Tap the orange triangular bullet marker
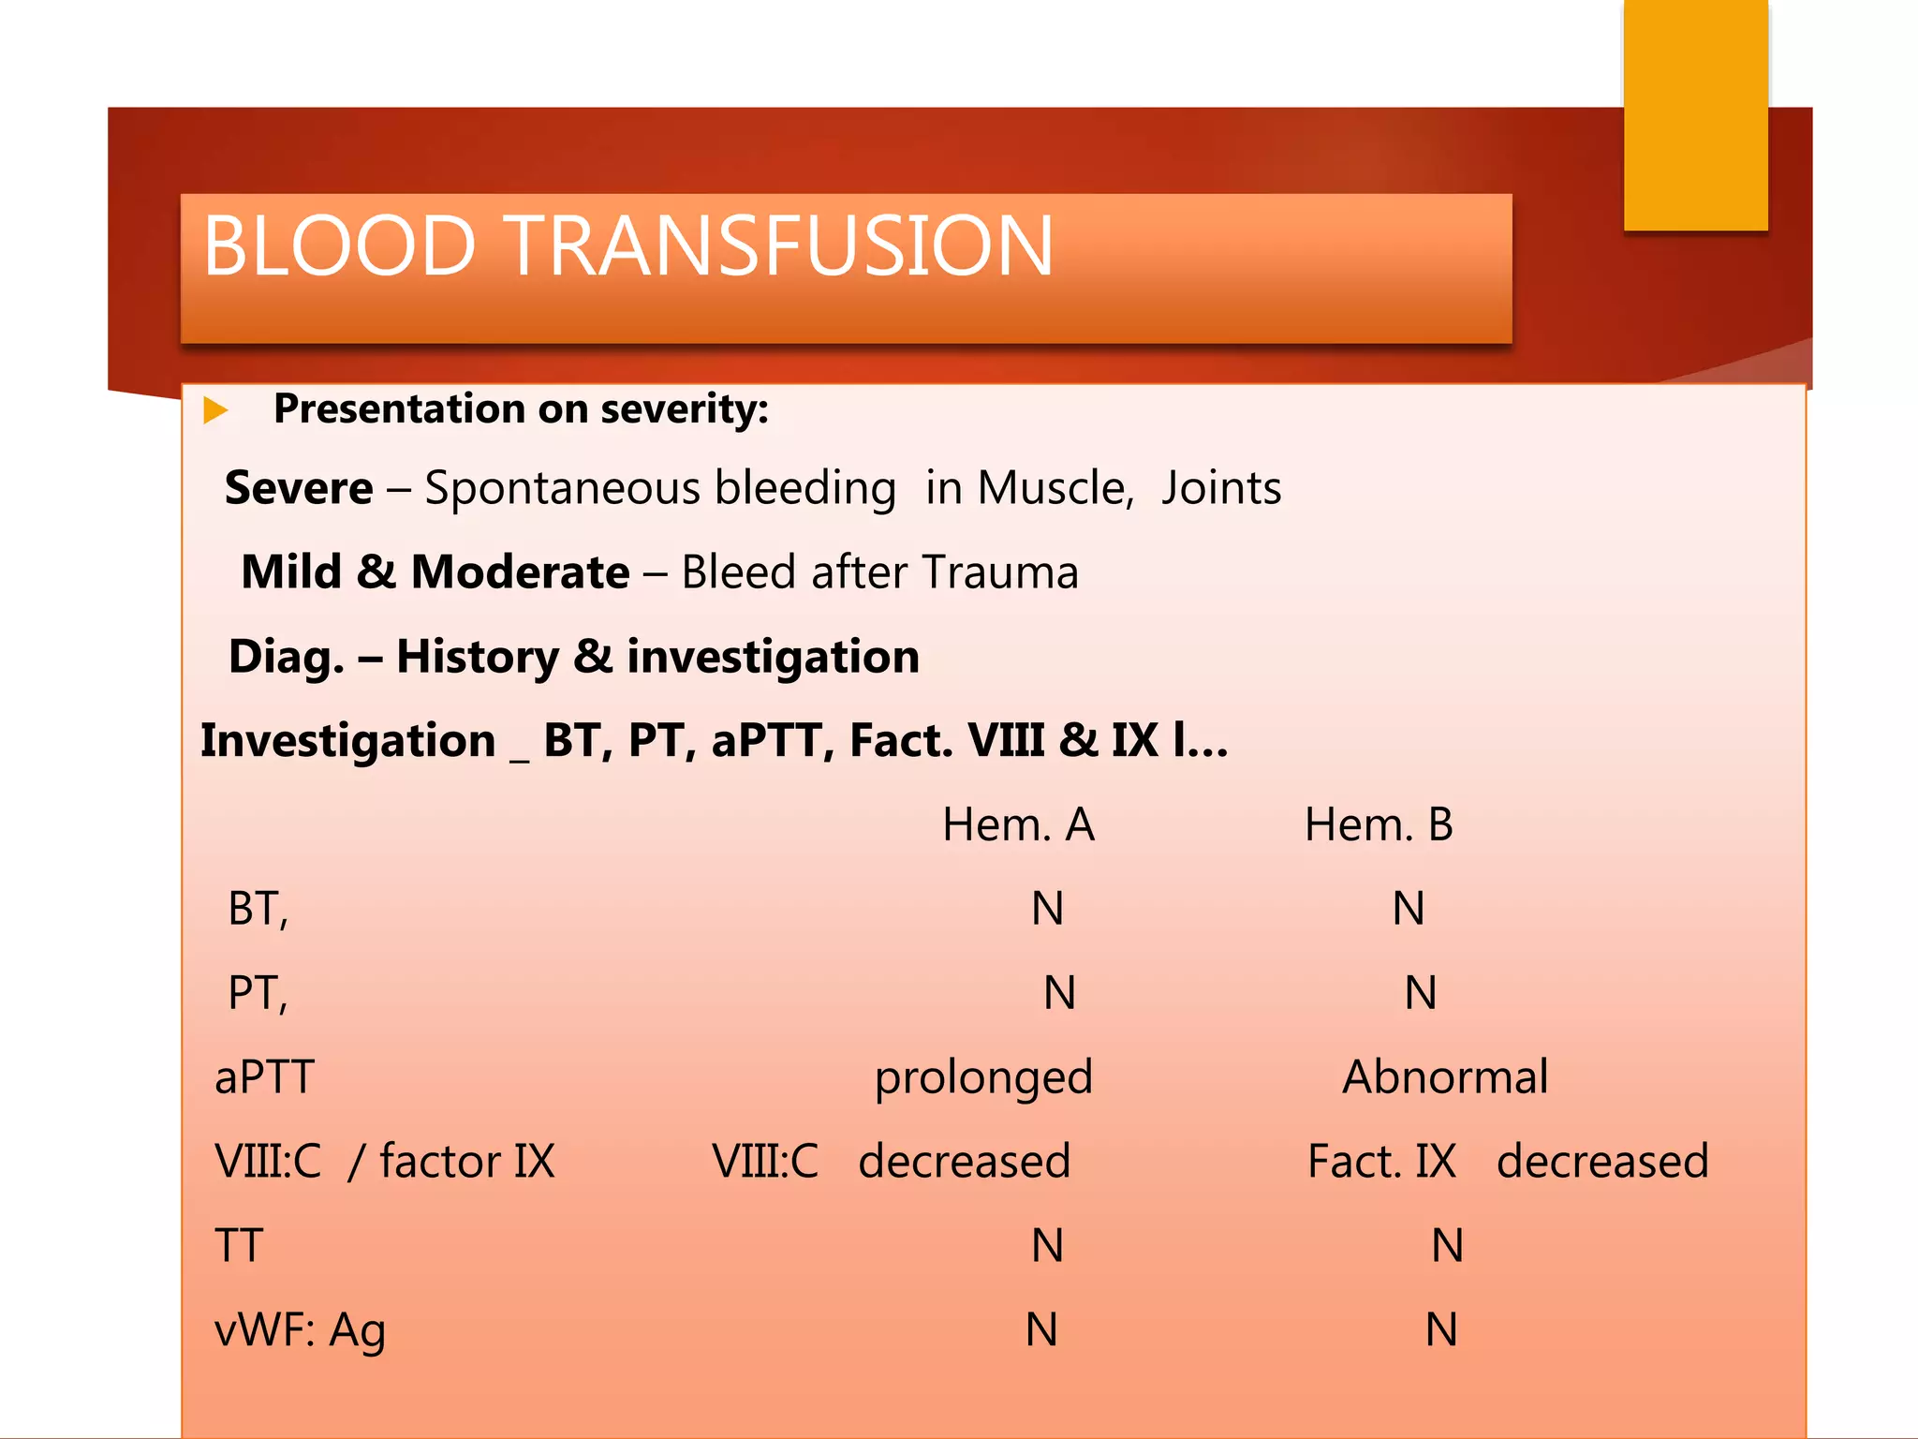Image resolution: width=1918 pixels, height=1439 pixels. point(215,409)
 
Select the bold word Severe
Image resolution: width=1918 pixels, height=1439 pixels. point(299,488)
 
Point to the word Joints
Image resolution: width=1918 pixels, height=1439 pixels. point(1220,488)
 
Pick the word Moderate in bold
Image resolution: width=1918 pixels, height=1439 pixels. point(520,572)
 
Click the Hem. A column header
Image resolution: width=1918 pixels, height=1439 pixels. point(1018,825)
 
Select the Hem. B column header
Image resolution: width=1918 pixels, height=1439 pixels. point(1379,825)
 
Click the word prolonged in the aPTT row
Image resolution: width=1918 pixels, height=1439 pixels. point(983,1078)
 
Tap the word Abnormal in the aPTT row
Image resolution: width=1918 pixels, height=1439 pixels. point(1445,1077)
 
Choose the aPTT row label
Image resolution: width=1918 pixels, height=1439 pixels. point(264,1077)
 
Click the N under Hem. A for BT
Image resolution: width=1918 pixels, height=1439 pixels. point(1047,909)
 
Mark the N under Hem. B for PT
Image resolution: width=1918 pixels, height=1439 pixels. point(1421,993)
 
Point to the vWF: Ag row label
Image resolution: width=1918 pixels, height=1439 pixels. point(300,1330)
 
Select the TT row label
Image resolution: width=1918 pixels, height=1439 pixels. point(239,1246)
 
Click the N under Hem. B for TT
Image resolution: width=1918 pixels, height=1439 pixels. point(1447,1246)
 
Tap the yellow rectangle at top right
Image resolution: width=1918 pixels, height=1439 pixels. point(1695,115)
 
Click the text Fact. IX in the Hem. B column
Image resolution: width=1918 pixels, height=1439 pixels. point(1381,1162)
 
